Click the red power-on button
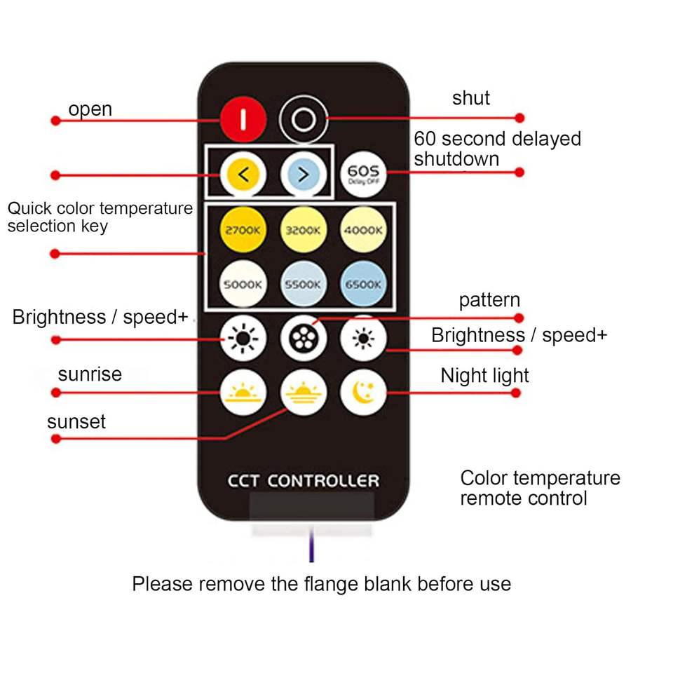click(x=243, y=119)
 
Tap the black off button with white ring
click(x=303, y=119)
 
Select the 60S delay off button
click(x=363, y=173)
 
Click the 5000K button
click(x=243, y=284)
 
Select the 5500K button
click(x=303, y=284)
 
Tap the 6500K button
click(x=363, y=284)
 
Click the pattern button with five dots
click(x=303, y=339)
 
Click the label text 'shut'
click(x=471, y=98)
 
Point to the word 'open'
click(x=90, y=109)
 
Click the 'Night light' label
click(x=484, y=376)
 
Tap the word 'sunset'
click(x=76, y=422)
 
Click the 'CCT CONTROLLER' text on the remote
click(x=303, y=481)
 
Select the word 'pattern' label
click(x=489, y=300)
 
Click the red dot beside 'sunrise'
click(x=56, y=392)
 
